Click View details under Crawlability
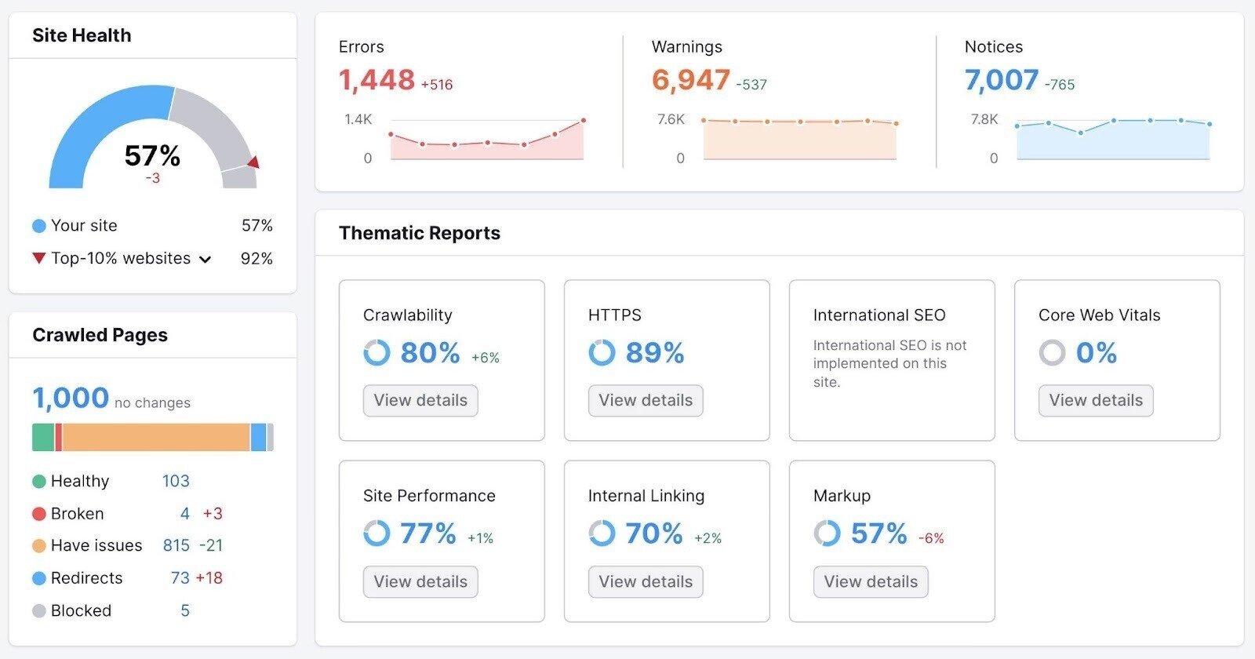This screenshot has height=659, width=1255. click(420, 401)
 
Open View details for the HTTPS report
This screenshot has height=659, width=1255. click(646, 401)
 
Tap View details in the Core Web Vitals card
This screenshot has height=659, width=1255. click(1096, 401)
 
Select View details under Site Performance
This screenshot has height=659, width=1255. click(420, 582)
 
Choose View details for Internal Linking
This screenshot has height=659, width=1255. click(646, 582)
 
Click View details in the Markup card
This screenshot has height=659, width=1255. click(871, 582)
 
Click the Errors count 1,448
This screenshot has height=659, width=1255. click(376, 80)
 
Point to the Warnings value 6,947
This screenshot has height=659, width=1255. click(690, 80)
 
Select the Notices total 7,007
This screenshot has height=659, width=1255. click(1002, 80)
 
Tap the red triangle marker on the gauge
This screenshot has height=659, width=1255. click(253, 162)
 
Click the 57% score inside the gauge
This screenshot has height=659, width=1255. click(152, 155)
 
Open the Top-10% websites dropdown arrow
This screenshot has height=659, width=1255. click(206, 260)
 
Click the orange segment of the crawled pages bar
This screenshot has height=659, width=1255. click(155, 437)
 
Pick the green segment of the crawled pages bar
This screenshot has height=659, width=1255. click(42, 437)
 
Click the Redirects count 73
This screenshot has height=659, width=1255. click(180, 578)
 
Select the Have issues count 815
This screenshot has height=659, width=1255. click(176, 545)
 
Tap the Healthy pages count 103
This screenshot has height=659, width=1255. click(176, 481)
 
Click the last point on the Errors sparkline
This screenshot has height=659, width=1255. click(584, 121)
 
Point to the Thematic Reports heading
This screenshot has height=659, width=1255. click(420, 233)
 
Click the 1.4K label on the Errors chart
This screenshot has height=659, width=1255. click(358, 119)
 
